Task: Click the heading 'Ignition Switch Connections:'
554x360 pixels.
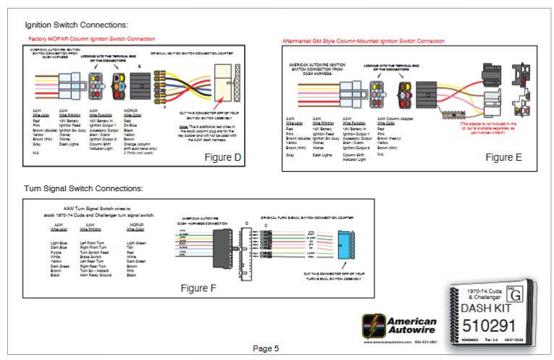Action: pos(77,25)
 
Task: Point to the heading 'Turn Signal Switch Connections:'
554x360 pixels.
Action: pos(83,188)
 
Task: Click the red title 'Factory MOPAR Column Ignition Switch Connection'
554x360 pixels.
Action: pos(91,38)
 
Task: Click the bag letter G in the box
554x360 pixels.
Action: pos(515,294)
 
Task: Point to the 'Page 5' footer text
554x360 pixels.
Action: pos(266,348)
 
